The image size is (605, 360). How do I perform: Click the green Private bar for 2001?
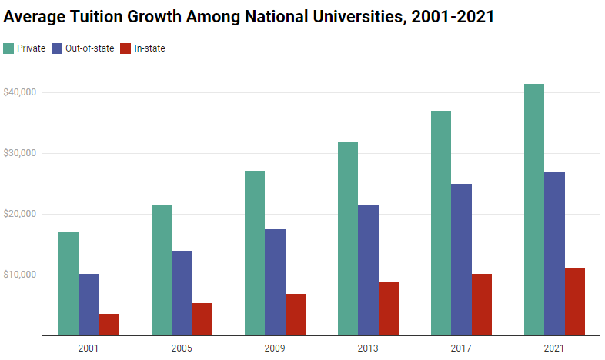(68, 284)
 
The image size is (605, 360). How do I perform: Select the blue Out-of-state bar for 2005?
(182, 293)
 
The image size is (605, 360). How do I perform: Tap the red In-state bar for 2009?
(295, 315)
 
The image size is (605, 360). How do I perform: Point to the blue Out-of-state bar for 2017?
(461, 260)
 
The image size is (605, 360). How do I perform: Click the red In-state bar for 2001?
(109, 325)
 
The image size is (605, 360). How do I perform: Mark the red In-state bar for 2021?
(574, 302)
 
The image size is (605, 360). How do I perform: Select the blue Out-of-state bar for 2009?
(275, 282)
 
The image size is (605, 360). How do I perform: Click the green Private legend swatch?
(8, 48)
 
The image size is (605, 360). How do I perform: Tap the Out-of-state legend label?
(90, 48)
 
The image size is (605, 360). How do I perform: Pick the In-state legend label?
(150, 48)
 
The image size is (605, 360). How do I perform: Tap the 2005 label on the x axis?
(181, 348)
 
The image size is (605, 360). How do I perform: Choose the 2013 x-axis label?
(368, 348)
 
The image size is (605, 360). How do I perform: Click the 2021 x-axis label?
(553, 348)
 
